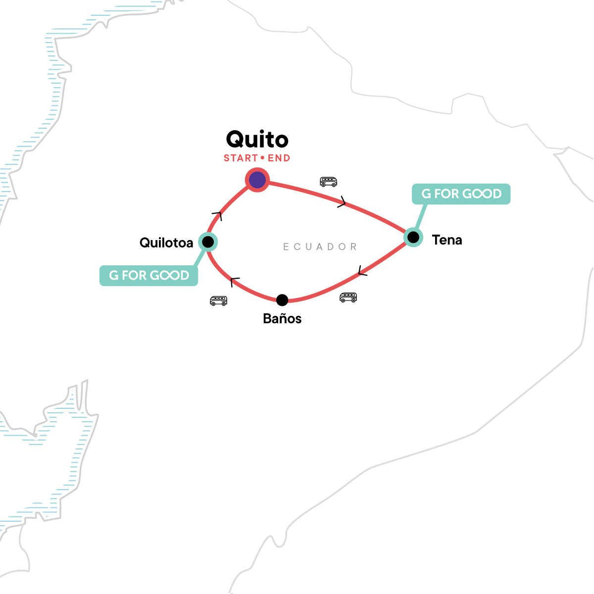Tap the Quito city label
(x=257, y=140)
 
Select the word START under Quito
(x=241, y=158)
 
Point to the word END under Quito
(x=279, y=158)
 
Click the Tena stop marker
(x=413, y=238)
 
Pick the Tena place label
(x=447, y=240)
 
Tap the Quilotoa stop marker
(x=208, y=242)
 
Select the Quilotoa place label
(x=166, y=243)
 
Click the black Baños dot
(x=282, y=300)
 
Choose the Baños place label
(x=282, y=318)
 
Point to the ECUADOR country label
(x=320, y=247)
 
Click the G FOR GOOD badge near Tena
(x=461, y=194)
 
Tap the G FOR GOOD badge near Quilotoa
(x=149, y=276)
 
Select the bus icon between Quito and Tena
(x=328, y=182)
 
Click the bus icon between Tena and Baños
(x=348, y=297)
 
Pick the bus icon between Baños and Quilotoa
(x=218, y=300)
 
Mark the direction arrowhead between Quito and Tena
(x=342, y=202)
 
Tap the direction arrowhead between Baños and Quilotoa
(x=235, y=282)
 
